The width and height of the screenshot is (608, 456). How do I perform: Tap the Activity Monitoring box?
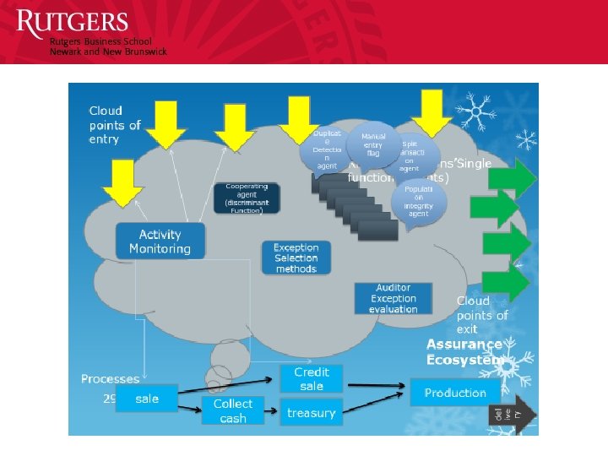(160, 242)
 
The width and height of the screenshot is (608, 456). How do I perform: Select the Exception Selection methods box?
(296, 258)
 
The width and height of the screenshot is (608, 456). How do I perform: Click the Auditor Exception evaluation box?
(393, 298)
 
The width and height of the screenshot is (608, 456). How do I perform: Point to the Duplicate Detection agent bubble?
(326, 149)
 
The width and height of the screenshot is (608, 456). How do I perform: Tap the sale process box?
(147, 398)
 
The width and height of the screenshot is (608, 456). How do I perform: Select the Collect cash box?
(232, 411)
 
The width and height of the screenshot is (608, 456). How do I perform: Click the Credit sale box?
(311, 378)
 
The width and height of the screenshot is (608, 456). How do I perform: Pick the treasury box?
(311, 413)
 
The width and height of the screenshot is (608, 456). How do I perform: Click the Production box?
(455, 393)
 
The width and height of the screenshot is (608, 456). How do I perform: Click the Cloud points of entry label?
(115, 125)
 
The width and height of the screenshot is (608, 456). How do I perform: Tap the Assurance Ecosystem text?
(464, 351)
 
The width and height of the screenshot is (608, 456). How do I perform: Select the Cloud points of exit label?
(482, 314)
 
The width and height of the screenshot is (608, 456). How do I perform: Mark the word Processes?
(110, 379)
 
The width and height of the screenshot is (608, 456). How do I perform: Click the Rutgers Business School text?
(100, 41)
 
